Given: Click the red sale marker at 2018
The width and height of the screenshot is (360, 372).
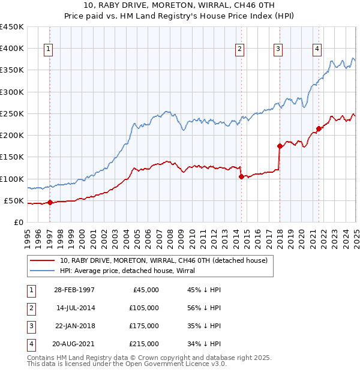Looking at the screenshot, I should [x=280, y=146].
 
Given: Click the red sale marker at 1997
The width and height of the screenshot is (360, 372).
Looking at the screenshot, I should [x=50, y=202].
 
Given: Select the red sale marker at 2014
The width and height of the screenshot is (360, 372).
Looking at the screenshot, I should [x=241, y=176].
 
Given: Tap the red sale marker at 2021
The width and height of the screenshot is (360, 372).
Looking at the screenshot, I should [x=319, y=128].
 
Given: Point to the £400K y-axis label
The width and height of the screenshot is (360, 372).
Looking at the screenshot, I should [x=11, y=49].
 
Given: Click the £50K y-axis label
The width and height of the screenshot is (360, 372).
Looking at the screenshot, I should [x=13, y=200].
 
